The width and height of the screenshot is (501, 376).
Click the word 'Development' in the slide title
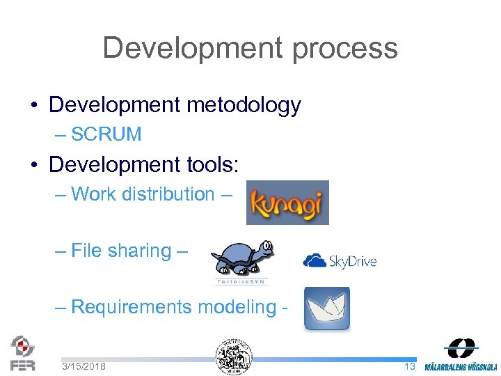tap(191, 49)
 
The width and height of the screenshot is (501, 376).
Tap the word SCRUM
tap(106, 134)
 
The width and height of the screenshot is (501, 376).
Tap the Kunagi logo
tap(287, 203)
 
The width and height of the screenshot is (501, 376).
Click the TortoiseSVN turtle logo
tap(241, 258)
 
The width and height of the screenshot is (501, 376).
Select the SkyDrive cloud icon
tap(315, 260)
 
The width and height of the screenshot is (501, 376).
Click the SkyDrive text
tap(352, 262)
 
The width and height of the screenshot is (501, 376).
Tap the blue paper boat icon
tap(326, 308)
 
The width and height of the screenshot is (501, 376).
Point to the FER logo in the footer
tap(22, 352)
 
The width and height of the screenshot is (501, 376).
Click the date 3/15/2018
tap(83, 366)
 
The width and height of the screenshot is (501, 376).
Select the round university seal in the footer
tap(234, 357)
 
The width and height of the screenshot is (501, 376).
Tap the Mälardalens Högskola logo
tap(461, 355)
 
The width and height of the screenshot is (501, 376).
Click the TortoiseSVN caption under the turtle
tap(241, 281)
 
